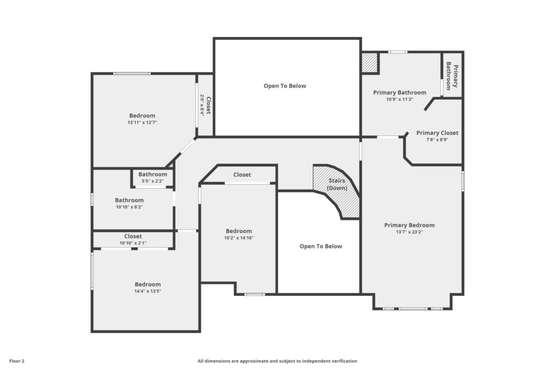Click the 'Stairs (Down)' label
[337, 184]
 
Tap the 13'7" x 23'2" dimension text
[410, 232]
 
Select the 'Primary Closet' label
[437, 133]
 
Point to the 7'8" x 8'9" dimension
[437, 140]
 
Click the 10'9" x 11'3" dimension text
[399, 99]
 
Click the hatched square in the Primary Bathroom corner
[370, 63]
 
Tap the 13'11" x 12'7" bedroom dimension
[143, 122]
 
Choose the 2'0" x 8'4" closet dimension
[202, 105]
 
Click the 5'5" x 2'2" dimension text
[152, 181]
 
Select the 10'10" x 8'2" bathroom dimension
[129, 207]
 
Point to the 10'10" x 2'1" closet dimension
[133, 243]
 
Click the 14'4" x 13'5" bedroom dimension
[147, 291]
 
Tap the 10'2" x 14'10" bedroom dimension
[239, 238]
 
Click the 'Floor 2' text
[17, 361]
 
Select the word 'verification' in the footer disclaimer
[344, 361]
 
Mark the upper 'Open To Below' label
[285, 86]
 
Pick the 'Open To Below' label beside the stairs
[321, 246]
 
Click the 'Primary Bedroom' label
[410, 225]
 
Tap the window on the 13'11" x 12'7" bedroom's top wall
[132, 74]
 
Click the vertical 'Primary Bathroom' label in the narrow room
[452, 76]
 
